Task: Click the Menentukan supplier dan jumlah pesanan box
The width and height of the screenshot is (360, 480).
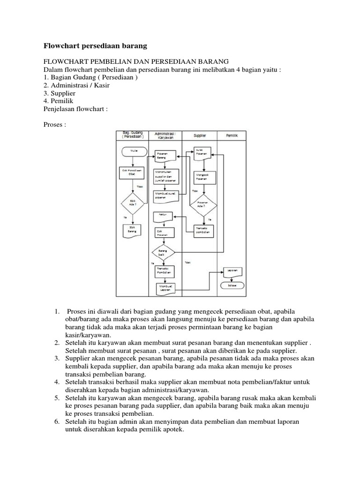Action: tap(165, 175)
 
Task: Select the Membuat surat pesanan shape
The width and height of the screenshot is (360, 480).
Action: tap(165, 195)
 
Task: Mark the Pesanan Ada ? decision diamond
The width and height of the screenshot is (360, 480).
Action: tap(203, 204)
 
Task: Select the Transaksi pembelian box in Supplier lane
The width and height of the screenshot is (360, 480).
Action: tap(203, 231)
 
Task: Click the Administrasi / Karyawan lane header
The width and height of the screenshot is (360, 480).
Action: tap(165, 135)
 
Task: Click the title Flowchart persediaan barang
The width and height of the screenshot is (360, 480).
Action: tap(95, 46)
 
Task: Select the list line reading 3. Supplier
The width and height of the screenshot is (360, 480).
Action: tap(60, 93)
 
